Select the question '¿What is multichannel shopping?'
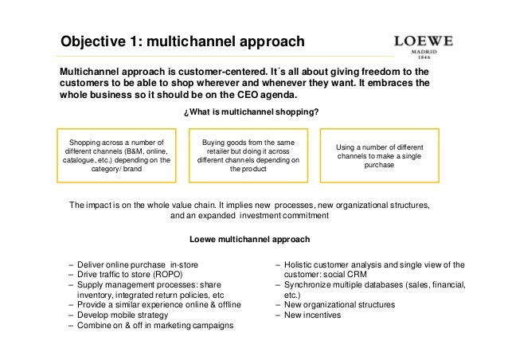[252, 112]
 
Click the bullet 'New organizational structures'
[343, 304]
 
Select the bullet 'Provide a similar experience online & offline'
[164, 304]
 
